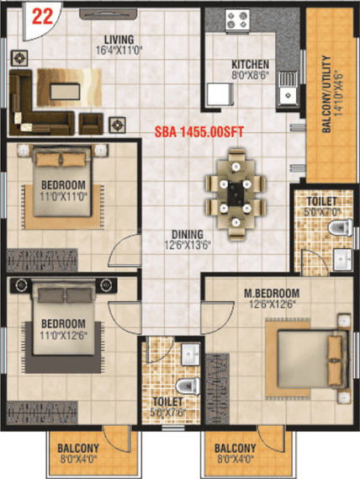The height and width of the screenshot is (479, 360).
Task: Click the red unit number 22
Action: coord(42,17)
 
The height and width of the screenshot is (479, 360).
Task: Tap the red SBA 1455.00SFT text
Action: coord(199,132)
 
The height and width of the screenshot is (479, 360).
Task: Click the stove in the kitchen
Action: coord(237,19)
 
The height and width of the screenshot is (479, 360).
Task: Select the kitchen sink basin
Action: coord(288,94)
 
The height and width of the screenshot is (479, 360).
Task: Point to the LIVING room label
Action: coord(119,40)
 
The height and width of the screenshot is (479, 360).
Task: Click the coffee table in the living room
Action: coord(65,92)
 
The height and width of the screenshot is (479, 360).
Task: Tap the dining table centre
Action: coord(236,194)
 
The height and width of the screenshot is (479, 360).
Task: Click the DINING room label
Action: coord(188,234)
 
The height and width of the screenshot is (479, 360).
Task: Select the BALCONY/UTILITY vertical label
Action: coord(326,94)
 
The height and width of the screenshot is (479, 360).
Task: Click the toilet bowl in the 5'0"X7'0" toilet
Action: coord(340,227)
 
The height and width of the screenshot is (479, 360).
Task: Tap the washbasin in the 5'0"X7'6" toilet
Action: coord(191,354)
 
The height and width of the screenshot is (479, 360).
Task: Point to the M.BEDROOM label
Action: coord(272,293)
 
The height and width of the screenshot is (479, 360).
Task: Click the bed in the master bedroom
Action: coord(313,359)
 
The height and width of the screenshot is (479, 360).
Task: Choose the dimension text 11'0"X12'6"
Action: coord(64,335)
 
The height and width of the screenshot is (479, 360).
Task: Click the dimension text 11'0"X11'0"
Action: coord(64,196)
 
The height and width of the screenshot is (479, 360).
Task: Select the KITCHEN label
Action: coord(251,65)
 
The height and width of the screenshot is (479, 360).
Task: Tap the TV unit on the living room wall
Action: coord(109,13)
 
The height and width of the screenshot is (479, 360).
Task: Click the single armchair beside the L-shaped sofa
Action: coord(91,124)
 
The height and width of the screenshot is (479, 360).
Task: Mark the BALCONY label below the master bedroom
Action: coord(236,448)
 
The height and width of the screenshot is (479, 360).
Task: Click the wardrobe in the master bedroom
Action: coord(217,389)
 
